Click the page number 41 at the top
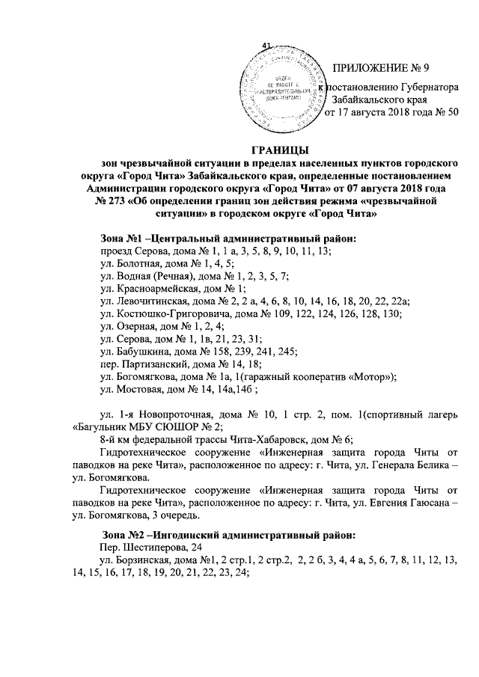[x=266, y=46]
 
